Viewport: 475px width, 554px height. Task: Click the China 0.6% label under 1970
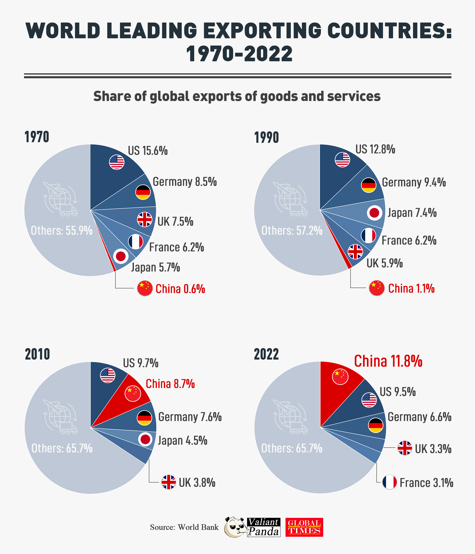tap(180, 289)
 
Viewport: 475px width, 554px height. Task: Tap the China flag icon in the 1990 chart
tap(376, 288)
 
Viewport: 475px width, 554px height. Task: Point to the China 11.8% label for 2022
tap(388, 362)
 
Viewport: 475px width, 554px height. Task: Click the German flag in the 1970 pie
tap(143, 192)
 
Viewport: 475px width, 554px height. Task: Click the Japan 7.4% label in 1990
tap(412, 213)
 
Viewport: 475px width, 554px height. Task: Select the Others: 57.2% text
tap(292, 230)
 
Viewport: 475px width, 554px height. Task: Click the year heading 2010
tap(37, 355)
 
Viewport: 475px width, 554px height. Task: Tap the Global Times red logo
tap(304, 527)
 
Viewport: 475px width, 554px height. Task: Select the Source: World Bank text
tap(184, 527)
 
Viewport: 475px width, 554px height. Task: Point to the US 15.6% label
tap(148, 151)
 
